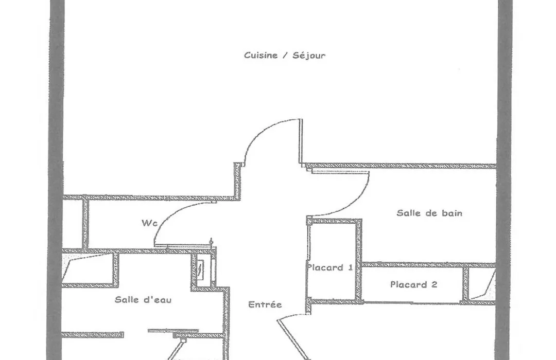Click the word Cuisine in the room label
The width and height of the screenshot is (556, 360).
click(260, 55)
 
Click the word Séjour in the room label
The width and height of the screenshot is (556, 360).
click(309, 56)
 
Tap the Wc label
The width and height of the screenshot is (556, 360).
click(149, 223)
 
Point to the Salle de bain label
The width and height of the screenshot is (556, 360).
click(429, 213)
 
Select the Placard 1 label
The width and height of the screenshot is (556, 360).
click(330, 267)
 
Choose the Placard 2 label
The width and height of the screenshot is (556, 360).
click(413, 284)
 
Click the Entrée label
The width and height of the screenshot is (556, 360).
click(265, 304)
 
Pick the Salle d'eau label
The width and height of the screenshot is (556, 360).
click(143, 300)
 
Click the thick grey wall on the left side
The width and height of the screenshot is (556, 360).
click(56, 180)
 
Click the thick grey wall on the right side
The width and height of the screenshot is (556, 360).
click(505, 180)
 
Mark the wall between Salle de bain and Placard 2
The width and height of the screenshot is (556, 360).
click(429, 265)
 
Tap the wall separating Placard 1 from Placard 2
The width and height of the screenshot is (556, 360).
click(359, 260)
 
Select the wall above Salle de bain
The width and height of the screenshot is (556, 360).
click(400, 166)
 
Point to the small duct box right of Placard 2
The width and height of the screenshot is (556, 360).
click(481, 284)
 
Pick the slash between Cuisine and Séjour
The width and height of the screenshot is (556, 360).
click(285, 56)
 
